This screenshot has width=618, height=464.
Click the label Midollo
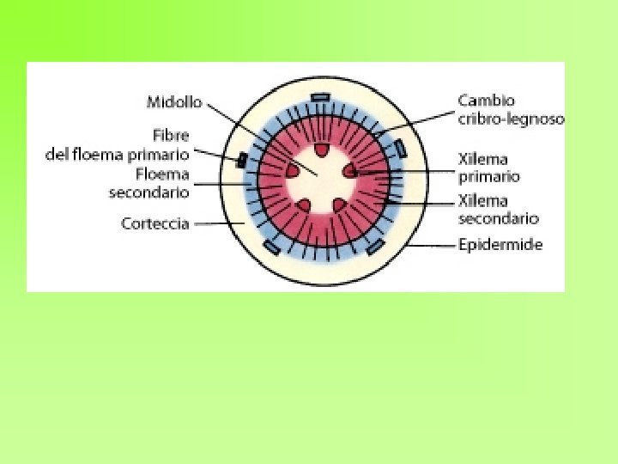click(174, 102)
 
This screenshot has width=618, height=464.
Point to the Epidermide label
click(500, 245)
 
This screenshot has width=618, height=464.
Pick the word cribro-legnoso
click(511, 119)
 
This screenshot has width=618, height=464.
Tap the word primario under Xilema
click(489, 177)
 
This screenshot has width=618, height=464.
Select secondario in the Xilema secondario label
click(498, 219)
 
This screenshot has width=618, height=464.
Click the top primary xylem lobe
click(321, 150)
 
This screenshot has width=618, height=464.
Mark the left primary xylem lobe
click(293, 170)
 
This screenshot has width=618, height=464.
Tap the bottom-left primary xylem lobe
click(304, 205)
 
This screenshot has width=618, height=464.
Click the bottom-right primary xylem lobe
click(338, 205)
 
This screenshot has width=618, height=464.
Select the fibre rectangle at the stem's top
click(320, 97)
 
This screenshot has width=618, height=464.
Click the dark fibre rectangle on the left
click(243, 159)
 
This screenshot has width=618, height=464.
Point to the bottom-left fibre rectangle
click(271, 248)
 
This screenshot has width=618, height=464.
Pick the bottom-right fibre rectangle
click(374, 248)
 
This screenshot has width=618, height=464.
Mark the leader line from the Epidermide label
click(433, 245)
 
